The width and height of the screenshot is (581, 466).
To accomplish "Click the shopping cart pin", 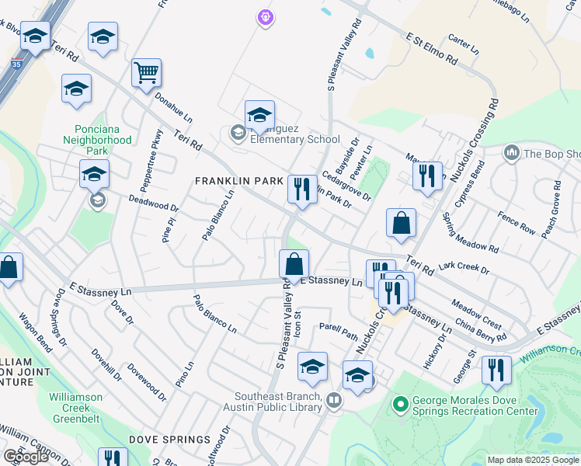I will click(x=146, y=75).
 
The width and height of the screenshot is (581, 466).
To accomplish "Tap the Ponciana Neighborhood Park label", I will click(x=103, y=140).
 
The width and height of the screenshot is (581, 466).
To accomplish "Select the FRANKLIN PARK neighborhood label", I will click(x=238, y=181).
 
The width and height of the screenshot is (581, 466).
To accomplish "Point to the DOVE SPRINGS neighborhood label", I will click(x=170, y=440).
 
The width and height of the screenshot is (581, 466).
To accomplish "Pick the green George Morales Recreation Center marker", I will click(x=401, y=405).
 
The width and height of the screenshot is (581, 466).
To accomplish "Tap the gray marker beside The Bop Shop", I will click(x=511, y=153).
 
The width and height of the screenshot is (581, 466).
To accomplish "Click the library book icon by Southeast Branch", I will click(x=334, y=401).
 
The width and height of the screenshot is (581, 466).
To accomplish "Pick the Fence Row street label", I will click(x=517, y=224).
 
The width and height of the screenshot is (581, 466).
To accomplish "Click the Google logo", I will click(x=25, y=457).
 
